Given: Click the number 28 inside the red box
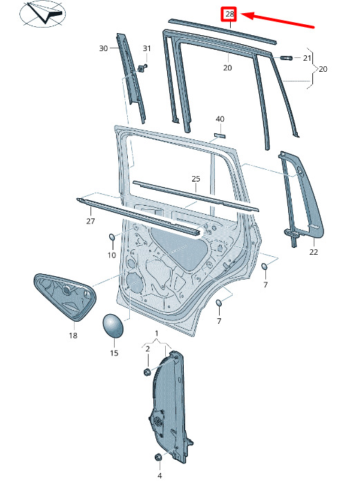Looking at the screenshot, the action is point(229,14).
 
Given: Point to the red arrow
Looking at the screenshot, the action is point(277,20).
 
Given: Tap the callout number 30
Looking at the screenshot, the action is point(104,48).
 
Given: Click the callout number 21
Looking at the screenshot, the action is point(307,58).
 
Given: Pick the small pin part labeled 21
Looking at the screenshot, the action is point(287,58).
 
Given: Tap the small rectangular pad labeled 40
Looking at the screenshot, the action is point(220,135).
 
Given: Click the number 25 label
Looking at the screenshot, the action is point(196,179).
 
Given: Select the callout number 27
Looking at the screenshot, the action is point(91,221).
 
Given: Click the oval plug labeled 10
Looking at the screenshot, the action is point(112,238).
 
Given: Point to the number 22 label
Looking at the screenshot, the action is point(313,252).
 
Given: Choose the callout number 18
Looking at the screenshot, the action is point(73,336).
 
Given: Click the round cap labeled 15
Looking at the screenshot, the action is point(113,325).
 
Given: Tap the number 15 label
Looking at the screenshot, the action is point(114,353).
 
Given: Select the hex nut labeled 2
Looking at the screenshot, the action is point(147,371).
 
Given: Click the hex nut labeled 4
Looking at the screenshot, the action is point(158,457).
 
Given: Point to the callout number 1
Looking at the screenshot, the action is point(157,333).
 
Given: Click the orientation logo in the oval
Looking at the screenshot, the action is point(42,14).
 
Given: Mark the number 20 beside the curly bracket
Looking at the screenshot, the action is point(323,69).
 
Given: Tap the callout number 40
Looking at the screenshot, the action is point(220,119).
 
